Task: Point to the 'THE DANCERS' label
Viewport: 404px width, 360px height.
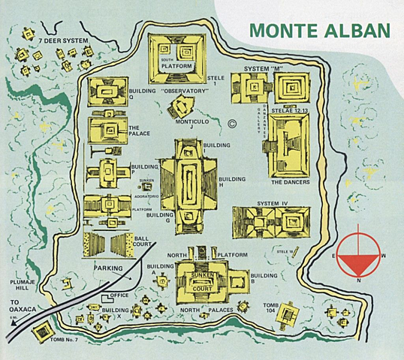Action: point(290,182)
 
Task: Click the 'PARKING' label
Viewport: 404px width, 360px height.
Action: point(108,267)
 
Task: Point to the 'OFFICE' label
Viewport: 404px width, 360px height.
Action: point(120,295)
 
